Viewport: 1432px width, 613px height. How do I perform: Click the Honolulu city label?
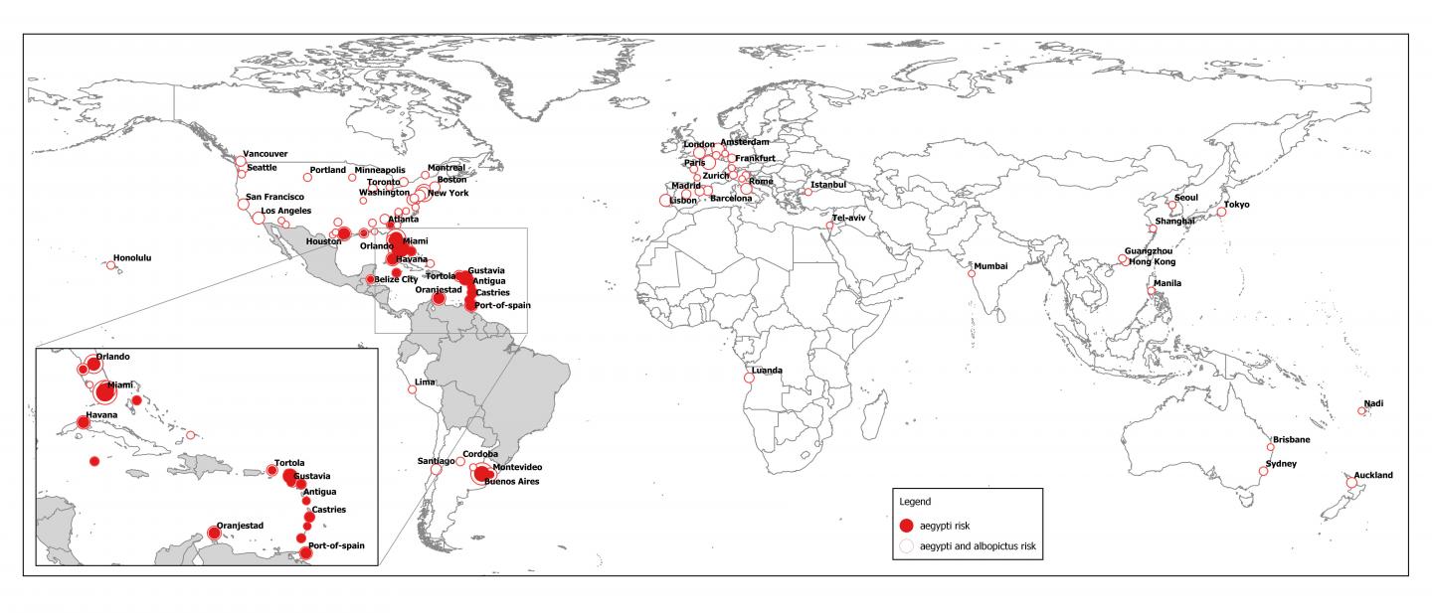(132, 257)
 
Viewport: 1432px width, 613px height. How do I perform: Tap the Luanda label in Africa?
(767, 371)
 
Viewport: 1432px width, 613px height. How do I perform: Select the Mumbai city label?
(990, 265)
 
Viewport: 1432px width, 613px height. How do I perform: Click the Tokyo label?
(1237, 205)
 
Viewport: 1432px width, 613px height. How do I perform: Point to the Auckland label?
(1373, 475)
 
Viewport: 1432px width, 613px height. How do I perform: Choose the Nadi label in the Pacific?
(1373, 403)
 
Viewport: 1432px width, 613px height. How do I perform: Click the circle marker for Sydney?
(1263, 471)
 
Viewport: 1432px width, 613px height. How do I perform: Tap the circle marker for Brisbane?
(1271, 447)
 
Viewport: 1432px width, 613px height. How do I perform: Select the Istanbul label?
(828, 185)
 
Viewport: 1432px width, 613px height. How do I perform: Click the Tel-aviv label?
(850, 218)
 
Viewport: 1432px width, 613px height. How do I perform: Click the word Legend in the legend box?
(915, 501)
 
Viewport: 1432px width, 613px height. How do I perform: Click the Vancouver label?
(266, 154)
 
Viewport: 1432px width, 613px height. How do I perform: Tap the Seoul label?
(1186, 197)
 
